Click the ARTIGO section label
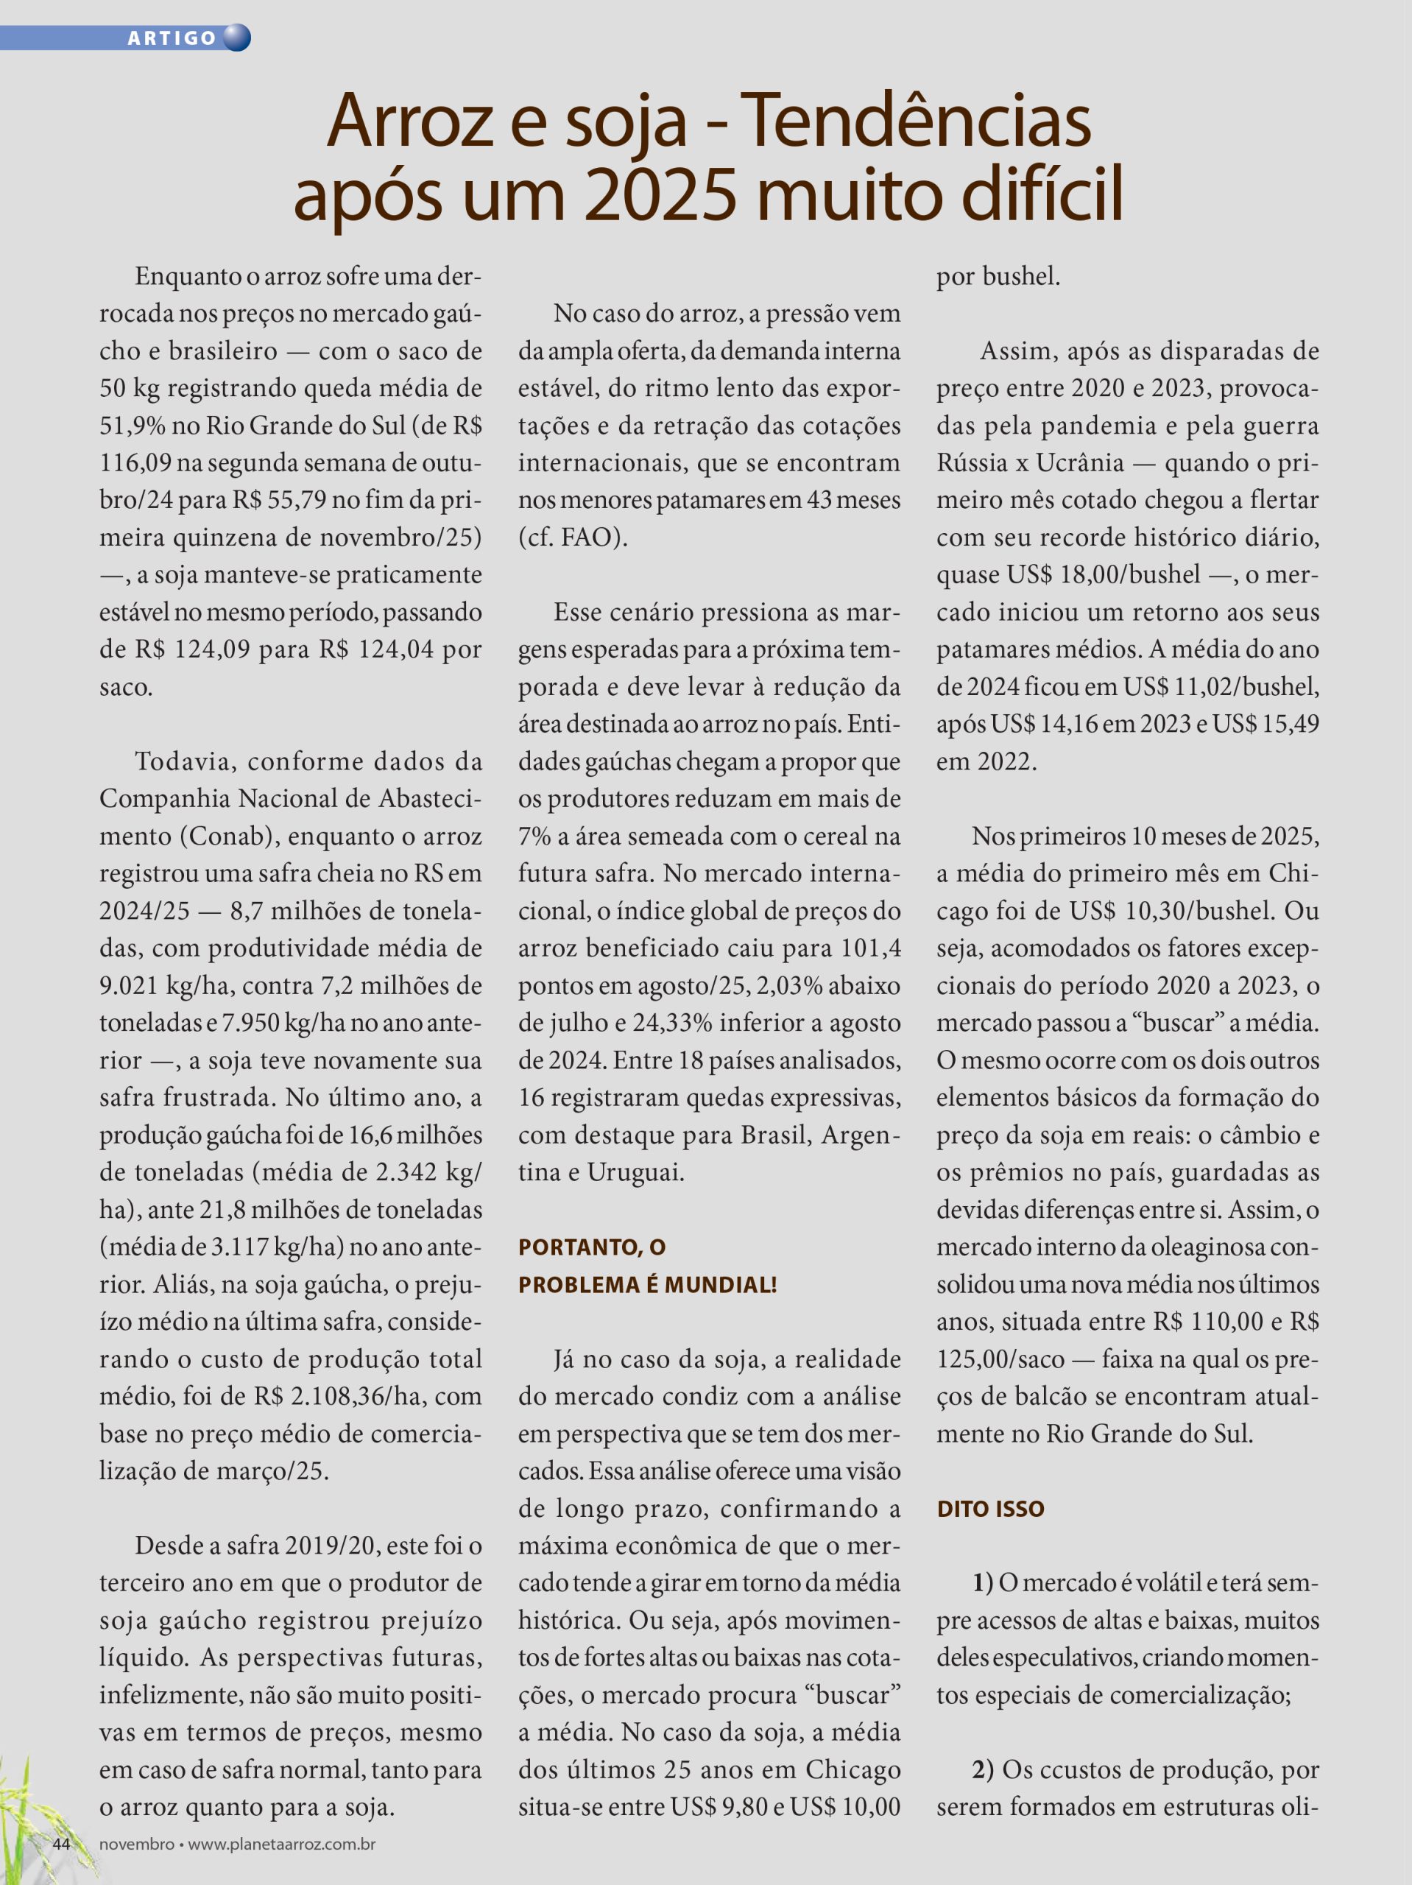[172, 38]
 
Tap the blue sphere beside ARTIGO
[236, 38]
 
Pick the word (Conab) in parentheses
[228, 836]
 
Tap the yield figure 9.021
[129, 986]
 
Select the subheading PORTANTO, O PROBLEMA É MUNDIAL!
[648, 1266]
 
